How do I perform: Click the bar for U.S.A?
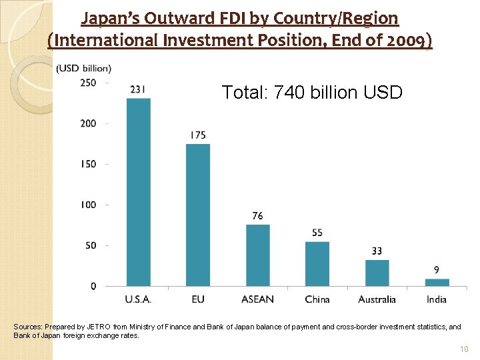click(138, 193)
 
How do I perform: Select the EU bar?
click(197, 215)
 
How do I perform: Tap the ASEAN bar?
click(257, 255)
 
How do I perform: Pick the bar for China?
click(317, 264)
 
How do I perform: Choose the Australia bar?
click(377, 273)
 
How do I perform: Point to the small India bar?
click(437, 283)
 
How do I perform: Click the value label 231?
click(139, 89)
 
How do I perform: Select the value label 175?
click(198, 135)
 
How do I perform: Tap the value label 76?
click(257, 216)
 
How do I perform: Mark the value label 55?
click(317, 233)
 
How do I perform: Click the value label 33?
click(377, 251)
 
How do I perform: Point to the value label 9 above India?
click(437, 270)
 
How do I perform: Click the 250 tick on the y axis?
click(88, 83)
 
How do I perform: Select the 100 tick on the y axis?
click(88, 205)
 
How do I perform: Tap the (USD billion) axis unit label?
click(84, 68)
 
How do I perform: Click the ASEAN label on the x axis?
click(257, 299)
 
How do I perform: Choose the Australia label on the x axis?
click(377, 299)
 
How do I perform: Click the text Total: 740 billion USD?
click(312, 92)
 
